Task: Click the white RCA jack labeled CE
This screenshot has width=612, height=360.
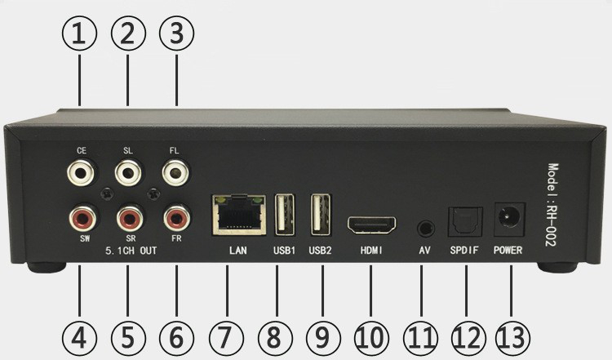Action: (x=81, y=171)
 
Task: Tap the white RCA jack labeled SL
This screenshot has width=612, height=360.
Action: (x=128, y=171)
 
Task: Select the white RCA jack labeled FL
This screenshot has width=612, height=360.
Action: (x=175, y=171)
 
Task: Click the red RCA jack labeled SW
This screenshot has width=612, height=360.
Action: (x=83, y=219)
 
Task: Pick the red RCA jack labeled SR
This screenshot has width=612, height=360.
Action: (x=130, y=219)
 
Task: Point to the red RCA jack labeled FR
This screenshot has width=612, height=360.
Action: (x=177, y=219)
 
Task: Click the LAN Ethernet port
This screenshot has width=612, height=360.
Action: (x=239, y=215)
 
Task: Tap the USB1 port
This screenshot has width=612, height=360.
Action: (x=285, y=215)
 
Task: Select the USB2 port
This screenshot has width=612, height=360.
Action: (x=321, y=215)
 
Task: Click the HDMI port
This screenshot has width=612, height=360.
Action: (x=371, y=225)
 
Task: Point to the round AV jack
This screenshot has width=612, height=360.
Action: (x=426, y=228)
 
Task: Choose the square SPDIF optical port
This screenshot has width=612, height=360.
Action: (x=465, y=222)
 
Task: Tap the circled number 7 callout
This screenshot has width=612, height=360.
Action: (x=226, y=338)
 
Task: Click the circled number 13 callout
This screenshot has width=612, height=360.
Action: (x=513, y=338)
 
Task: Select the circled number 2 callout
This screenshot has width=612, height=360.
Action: (x=128, y=33)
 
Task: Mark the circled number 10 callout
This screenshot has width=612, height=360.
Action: (x=371, y=338)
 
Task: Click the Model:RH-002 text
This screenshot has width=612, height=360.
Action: (x=552, y=205)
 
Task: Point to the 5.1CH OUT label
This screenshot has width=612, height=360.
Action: (x=131, y=251)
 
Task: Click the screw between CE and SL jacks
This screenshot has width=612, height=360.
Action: (x=106, y=193)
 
